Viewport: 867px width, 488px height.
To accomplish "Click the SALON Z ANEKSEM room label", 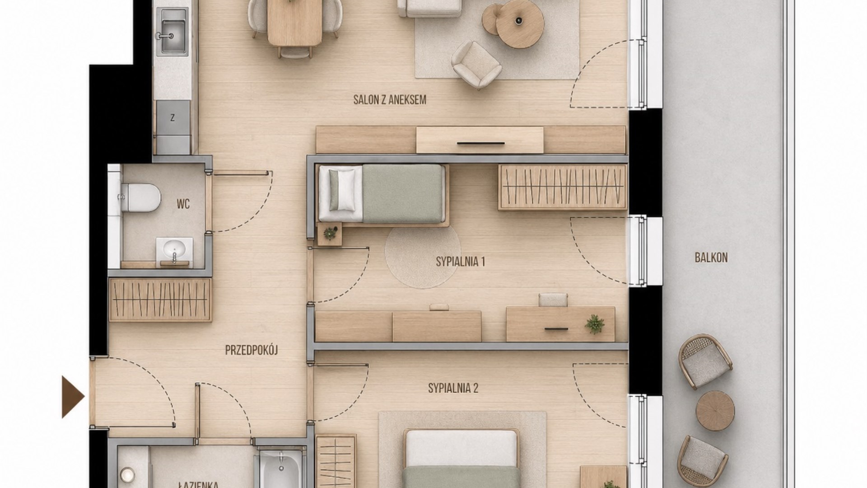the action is point(390,100).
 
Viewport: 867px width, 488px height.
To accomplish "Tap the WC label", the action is point(183,204).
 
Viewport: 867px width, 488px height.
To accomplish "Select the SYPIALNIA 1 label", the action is point(460,262).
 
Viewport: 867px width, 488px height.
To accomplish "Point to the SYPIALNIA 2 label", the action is point(453,388).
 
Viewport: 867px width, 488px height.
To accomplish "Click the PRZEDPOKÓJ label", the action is point(251,350).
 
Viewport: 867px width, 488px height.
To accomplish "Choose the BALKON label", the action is point(711,258).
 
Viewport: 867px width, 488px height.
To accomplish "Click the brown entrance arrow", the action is point(73,397).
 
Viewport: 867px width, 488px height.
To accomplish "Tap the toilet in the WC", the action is point(139,197).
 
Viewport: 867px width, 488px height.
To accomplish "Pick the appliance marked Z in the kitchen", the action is point(173,117).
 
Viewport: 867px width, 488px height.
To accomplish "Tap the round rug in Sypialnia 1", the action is point(423,255).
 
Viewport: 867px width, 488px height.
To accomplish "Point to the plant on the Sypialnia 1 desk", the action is point(595,324).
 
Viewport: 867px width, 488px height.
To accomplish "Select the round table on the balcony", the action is point(715,411).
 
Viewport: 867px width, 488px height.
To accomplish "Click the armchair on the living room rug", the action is point(476,65).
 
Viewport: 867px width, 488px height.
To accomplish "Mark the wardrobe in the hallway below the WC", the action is point(160,300).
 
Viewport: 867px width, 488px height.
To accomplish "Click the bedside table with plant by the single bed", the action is point(330,234).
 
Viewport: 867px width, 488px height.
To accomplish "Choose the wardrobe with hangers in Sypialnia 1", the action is point(563,187).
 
